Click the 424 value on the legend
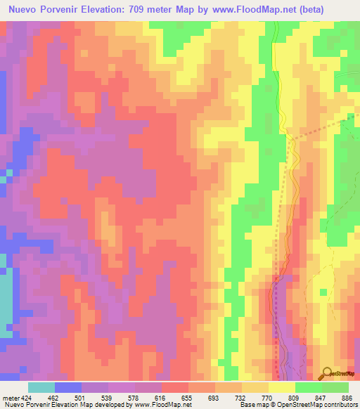(x=26, y=397)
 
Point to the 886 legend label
(x=346, y=397)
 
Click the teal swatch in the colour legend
(x=41, y=387)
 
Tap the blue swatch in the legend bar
(x=68, y=387)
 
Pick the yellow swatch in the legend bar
(x=282, y=387)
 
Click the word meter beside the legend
(x=10, y=397)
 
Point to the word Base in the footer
(x=247, y=405)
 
